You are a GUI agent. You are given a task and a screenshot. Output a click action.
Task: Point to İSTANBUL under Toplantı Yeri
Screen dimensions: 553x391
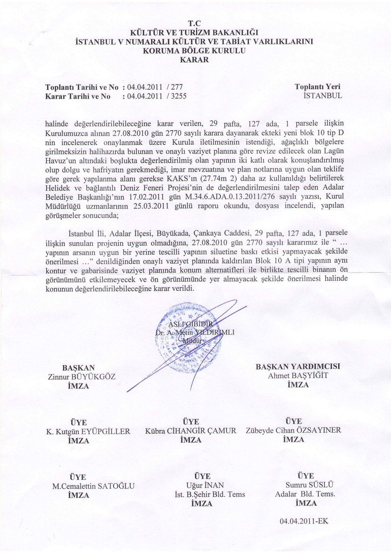pyautogui.click(x=323, y=96)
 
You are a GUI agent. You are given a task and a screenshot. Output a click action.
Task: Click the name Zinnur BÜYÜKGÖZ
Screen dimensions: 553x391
pyautogui.click(x=82, y=377)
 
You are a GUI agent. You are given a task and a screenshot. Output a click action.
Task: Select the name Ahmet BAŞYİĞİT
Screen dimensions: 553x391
pyautogui.click(x=298, y=375)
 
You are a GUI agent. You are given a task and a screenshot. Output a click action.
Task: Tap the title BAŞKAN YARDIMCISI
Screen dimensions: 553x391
pyautogui.click(x=298, y=366)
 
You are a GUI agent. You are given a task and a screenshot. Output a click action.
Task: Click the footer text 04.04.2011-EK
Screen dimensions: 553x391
pyautogui.click(x=304, y=521)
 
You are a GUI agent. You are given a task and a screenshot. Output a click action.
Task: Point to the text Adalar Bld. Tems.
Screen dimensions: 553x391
pyautogui.click(x=305, y=494)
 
